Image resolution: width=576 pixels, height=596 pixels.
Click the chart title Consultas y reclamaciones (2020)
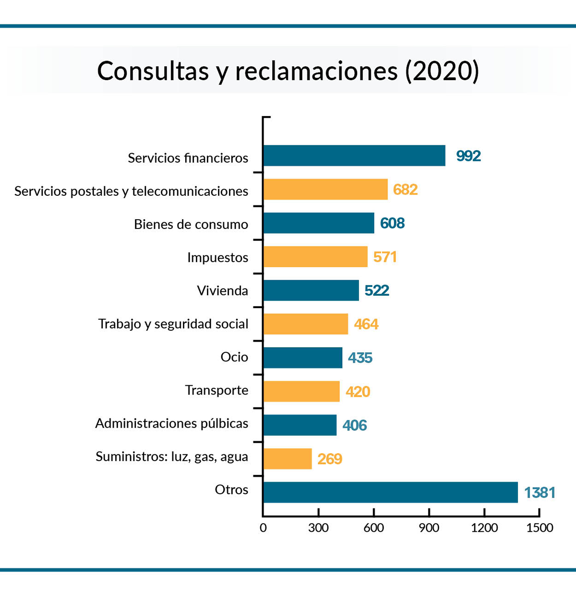[288, 71]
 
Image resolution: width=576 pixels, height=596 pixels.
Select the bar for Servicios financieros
[354, 155]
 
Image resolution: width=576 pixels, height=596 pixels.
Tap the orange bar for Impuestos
[315, 257]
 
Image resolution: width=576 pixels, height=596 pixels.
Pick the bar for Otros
[390, 492]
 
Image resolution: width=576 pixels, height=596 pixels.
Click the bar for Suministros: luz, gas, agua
[288, 459]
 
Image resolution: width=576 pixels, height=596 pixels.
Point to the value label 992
[468, 156]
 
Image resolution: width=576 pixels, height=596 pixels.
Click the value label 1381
[539, 493]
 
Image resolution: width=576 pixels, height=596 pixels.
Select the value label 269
[329, 459]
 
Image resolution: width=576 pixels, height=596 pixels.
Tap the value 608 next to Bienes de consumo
[392, 223]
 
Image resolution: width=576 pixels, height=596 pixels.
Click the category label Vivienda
[222, 291]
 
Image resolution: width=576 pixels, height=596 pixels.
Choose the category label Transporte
[216, 390]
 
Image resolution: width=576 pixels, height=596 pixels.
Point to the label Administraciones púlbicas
[171, 423]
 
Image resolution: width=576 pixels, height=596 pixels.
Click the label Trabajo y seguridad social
[173, 324]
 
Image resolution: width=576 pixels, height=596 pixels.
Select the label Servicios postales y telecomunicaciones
[131, 191]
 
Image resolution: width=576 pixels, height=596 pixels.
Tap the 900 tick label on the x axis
[429, 528]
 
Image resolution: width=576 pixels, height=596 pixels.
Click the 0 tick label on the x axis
[263, 528]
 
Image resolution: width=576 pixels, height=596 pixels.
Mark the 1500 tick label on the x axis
[540, 528]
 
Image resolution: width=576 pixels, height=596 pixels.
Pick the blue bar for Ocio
[303, 358]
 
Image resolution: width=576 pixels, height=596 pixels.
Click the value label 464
[366, 324]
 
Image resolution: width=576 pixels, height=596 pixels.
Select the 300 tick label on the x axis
[318, 528]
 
